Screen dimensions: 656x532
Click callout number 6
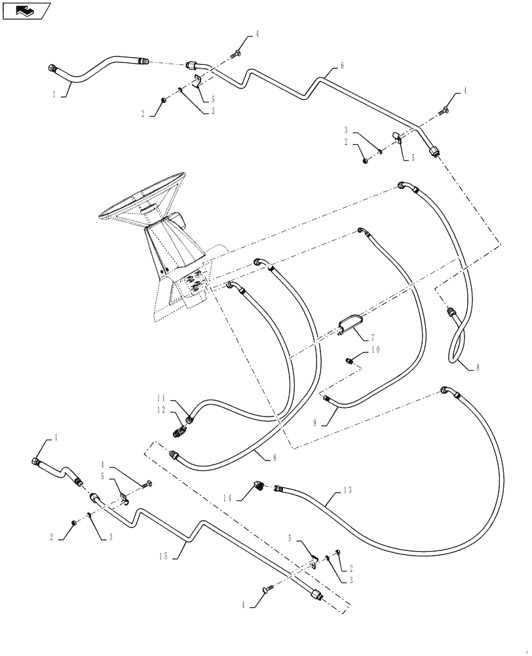342,66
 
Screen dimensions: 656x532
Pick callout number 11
160,398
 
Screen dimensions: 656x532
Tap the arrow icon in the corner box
25,10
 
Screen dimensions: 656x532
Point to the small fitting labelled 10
351,359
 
